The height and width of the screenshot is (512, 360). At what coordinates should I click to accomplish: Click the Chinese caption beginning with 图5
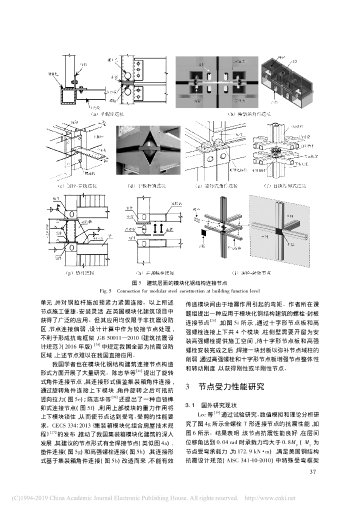pos(179,282)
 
